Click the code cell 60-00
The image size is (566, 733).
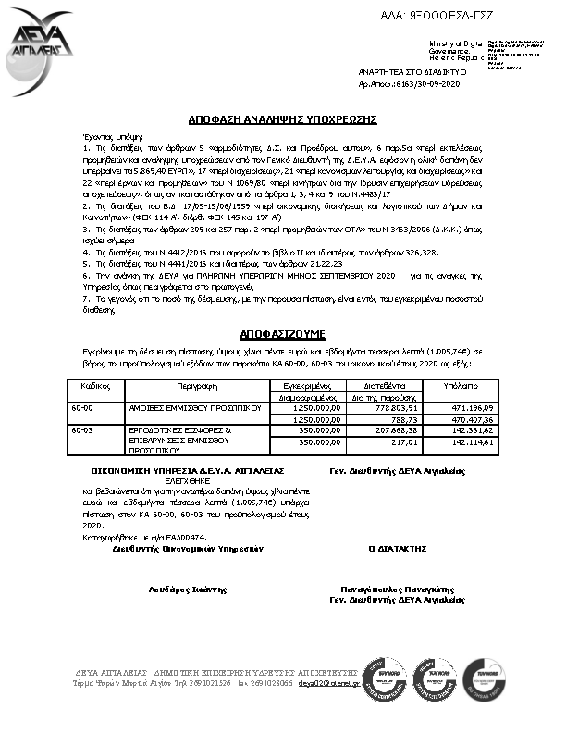click(x=82, y=407)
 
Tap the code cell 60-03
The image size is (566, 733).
click(x=82, y=430)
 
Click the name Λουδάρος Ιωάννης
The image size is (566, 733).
click(x=175, y=589)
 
